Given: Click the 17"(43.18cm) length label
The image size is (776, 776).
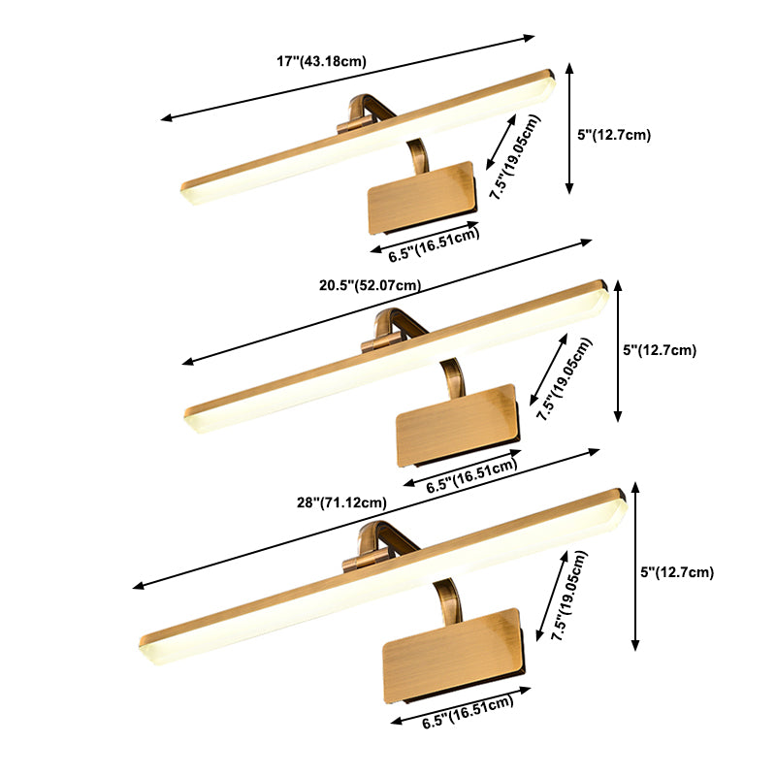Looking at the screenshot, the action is [321, 61].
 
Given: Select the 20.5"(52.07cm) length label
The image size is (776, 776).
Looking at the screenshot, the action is [371, 285].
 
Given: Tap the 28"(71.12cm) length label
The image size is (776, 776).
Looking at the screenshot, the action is [341, 502].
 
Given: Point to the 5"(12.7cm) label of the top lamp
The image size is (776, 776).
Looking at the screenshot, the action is [614, 135].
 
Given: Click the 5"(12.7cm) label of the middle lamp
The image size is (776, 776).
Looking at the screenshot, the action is [660, 350].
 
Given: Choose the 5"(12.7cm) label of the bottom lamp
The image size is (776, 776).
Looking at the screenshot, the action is [677, 572].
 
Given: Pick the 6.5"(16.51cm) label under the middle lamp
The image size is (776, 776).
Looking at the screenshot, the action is [471, 476].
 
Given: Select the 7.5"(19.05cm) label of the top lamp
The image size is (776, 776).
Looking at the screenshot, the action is [515, 157].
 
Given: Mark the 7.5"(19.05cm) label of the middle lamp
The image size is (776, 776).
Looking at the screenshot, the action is [565, 379].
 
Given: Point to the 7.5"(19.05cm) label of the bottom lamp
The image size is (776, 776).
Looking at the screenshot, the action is [569, 596].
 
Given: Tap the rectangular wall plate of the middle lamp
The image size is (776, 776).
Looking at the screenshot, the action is [458, 425].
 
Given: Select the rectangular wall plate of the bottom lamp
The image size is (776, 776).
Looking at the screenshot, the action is [454, 656].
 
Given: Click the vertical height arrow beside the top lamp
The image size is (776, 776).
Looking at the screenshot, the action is [569, 128].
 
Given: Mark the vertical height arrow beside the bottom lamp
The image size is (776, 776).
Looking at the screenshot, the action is [636, 566].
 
